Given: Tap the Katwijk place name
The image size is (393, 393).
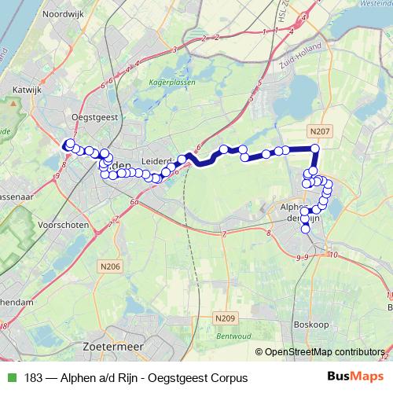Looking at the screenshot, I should (27, 90).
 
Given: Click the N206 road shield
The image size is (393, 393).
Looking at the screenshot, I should (112, 267).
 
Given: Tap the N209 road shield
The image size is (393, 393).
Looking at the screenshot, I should (224, 318).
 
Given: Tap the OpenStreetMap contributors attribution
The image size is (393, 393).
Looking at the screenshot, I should (325, 353).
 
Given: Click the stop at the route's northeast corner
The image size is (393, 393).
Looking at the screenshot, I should (315, 149).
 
